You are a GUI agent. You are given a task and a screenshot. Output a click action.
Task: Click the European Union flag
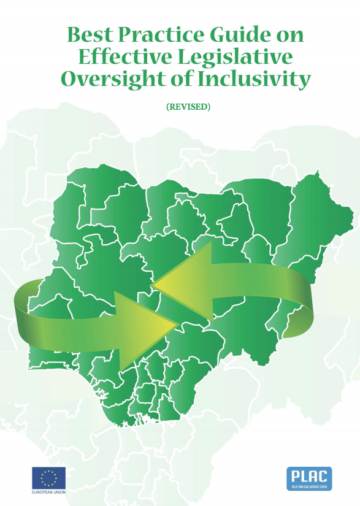click(48, 477)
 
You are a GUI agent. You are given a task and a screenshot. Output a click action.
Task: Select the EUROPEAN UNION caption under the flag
click(48, 491)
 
